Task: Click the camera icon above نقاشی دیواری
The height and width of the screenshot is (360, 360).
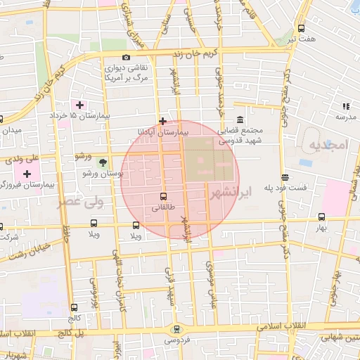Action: click(x=126, y=57)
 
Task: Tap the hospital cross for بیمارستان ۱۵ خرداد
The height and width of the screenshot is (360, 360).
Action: click(x=80, y=105)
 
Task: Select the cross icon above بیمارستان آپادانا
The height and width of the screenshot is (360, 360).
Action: click(x=163, y=121)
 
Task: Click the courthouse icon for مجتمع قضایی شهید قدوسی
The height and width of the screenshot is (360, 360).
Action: click(x=240, y=120)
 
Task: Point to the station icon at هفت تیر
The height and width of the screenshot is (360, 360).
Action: click(x=301, y=29)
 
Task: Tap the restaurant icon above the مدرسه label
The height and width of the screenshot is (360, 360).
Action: click(x=345, y=105)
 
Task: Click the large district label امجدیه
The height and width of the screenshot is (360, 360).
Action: click(x=327, y=145)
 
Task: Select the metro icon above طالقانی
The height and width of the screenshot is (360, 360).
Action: click(x=164, y=196)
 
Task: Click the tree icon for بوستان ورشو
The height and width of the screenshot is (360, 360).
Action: click(x=103, y=162)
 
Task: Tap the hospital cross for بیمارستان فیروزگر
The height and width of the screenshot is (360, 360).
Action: click(x=27, y=174)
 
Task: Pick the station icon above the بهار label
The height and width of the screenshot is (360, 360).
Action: click(x=321, y=217)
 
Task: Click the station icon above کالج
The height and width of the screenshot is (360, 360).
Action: click(x=75, y=307)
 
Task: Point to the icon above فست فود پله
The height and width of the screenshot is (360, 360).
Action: click(x=284, y=178)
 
